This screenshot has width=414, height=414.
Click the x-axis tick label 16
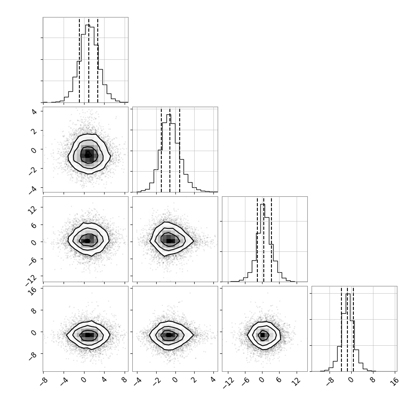pos(395,381)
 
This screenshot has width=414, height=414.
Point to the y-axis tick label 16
pos(33,291)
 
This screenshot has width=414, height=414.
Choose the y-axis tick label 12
pos(33,210)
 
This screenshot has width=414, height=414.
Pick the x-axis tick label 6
pos(279,380)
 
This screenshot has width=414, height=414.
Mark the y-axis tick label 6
pos(34,225)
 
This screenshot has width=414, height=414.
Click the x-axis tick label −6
pos(244,381)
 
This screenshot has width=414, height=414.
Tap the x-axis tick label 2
pos(194,380)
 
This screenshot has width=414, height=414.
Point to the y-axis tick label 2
pos(34,131)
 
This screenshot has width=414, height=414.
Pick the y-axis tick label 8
pos(34,311)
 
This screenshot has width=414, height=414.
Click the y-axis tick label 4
pos(34,112)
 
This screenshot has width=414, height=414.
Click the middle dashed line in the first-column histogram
pos(89,60)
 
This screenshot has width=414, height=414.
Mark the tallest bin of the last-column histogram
pos(348,332)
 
